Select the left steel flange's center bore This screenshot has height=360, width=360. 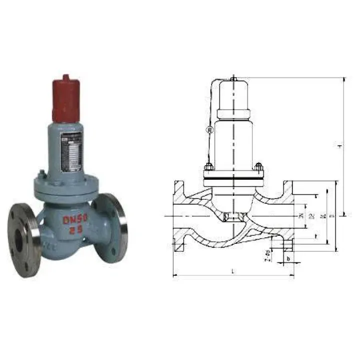(19, 241)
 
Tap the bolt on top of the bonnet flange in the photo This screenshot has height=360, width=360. (42, 175)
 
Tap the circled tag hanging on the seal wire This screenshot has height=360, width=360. (209, 129)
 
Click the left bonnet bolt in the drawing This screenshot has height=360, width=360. (206, 167)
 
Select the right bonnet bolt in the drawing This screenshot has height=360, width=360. (258, 167)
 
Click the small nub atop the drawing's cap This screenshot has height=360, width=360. (233, 79)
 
